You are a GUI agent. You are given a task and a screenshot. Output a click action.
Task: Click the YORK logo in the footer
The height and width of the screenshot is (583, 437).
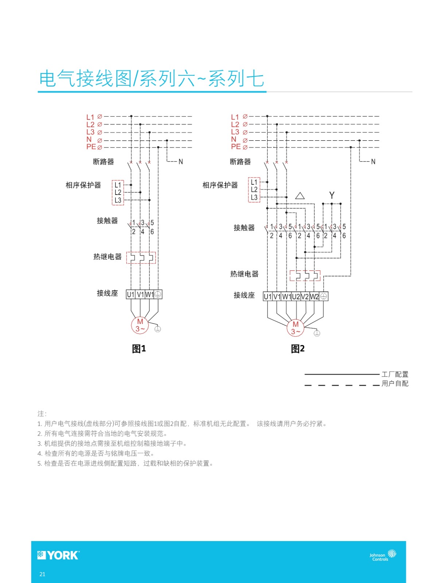pyautogui.click(x=58, y=555)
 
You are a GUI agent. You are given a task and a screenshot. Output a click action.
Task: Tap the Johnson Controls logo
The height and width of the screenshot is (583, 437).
pyautogui.click(x=383, y=555)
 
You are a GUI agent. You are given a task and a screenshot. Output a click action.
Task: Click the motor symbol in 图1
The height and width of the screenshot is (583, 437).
pyautogui.click(x=140, y=325)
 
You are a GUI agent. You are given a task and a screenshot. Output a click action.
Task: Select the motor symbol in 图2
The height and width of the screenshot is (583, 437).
pyautogui.click(x=295, y=328)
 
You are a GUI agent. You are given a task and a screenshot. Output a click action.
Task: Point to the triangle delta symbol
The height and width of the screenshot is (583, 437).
pyautogui.click(x=300, y=196)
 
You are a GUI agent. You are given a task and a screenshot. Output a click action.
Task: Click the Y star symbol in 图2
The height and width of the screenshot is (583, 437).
pyautogui.click(x=332, y=195)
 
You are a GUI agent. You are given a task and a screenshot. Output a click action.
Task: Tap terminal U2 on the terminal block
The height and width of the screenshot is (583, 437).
pyautogui.click(x=296, y=296)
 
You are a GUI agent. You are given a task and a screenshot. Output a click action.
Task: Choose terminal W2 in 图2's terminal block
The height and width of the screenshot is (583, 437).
pyautogui.click(x=314, y=296)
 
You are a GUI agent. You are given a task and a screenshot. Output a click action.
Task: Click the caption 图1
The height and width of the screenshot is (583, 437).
pyautogui.click(x=138, y=348)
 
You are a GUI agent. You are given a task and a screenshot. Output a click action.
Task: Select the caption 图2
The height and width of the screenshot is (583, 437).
pyautogui.click(x=297, y=348)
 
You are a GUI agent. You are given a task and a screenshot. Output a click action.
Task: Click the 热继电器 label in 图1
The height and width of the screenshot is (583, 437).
pyautogui.click(x=107, y=257)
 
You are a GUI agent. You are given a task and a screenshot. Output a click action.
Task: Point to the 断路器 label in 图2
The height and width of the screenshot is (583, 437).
pyautogui.click(x=240, y=161)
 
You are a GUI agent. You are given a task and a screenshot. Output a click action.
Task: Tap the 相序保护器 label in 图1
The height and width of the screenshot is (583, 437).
pyautogui.click(x=83, y=185)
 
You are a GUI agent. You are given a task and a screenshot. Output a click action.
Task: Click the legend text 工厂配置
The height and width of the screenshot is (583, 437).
pyautogui.click(x=395, y=374)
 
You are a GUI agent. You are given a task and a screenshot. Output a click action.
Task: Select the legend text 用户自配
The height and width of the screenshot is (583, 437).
pyautogui.click(x=395, y=384)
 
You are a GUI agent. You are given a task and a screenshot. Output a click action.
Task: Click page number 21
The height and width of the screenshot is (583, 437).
pyautogui.click(x=42, y=574)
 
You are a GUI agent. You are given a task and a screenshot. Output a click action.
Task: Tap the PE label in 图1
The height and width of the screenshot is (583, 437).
pyautogui.click(x=91, y=146)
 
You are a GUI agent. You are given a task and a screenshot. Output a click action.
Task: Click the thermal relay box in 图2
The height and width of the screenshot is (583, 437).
pyautogui.click(x=305, y=275)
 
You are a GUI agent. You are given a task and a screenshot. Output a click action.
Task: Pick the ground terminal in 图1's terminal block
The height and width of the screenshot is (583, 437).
pyautogui.click(x=158, y=294)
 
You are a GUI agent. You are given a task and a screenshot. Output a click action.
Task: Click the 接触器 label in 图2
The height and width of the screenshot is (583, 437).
pyautogui.click(x=244, y=228)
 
